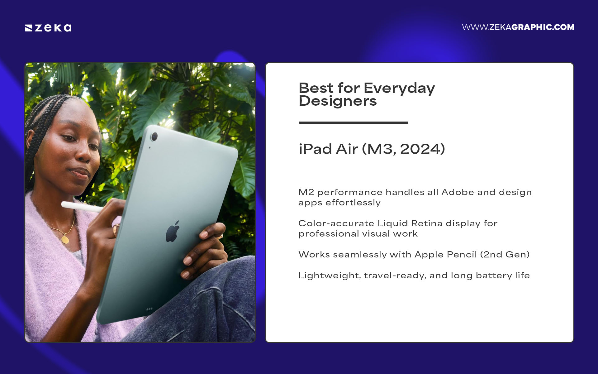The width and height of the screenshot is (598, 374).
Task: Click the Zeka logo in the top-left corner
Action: click(48, 28)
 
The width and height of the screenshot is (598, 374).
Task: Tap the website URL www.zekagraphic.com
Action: click(518, 27)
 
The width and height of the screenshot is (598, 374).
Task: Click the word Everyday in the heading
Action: click(399, 89)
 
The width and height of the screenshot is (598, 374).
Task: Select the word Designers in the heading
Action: click(338, 101)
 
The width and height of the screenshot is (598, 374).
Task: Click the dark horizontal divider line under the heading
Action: click(354, 122)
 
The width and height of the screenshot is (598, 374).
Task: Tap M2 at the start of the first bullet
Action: click(306, 192)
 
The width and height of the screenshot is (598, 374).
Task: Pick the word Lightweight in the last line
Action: click(330, 276)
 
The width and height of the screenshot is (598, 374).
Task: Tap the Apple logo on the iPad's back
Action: click(173, 231)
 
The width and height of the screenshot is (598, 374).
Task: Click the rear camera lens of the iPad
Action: click(154, 137)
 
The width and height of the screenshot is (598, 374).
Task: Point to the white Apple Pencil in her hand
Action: click(81, 207)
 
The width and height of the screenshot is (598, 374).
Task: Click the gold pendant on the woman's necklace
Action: click(65, 239)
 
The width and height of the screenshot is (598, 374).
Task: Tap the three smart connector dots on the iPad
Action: click(149, 309)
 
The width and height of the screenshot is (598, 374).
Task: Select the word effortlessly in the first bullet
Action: click(353, 203)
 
